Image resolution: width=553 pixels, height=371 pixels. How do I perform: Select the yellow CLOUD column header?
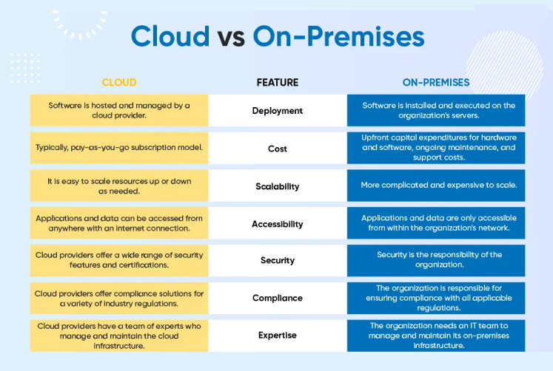click(119, 82)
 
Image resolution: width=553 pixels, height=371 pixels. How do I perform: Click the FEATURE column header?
click(278, 82)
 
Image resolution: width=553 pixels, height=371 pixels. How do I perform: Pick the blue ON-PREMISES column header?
click(436, 82)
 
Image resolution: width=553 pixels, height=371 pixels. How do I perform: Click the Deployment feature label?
click(278, 111)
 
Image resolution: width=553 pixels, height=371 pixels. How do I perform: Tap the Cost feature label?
click(278, 149)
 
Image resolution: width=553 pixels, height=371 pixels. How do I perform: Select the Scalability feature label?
click(278, 186)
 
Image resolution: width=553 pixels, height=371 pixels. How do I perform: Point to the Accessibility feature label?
click(278, 224)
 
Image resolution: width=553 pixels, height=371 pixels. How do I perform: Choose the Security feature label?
click(278, 260)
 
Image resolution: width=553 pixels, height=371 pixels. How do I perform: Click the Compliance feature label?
click(278, 298)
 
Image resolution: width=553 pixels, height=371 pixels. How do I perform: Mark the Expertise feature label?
click(278, 335)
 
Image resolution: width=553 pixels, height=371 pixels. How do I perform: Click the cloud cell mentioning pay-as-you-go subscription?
click(119, 148)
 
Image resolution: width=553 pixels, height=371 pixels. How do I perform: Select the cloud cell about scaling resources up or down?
click(119, 185)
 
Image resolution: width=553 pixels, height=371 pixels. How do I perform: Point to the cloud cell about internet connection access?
click(119, 223)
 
